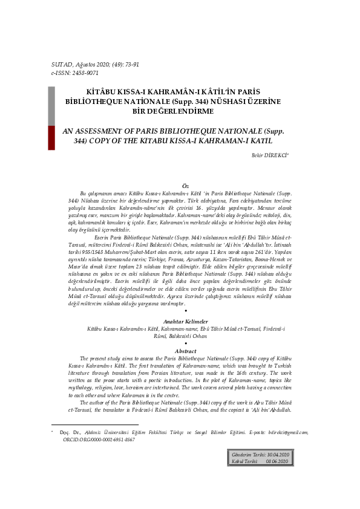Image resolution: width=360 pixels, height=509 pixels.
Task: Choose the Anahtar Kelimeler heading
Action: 186,320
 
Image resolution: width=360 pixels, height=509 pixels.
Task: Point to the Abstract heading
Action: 186,351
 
